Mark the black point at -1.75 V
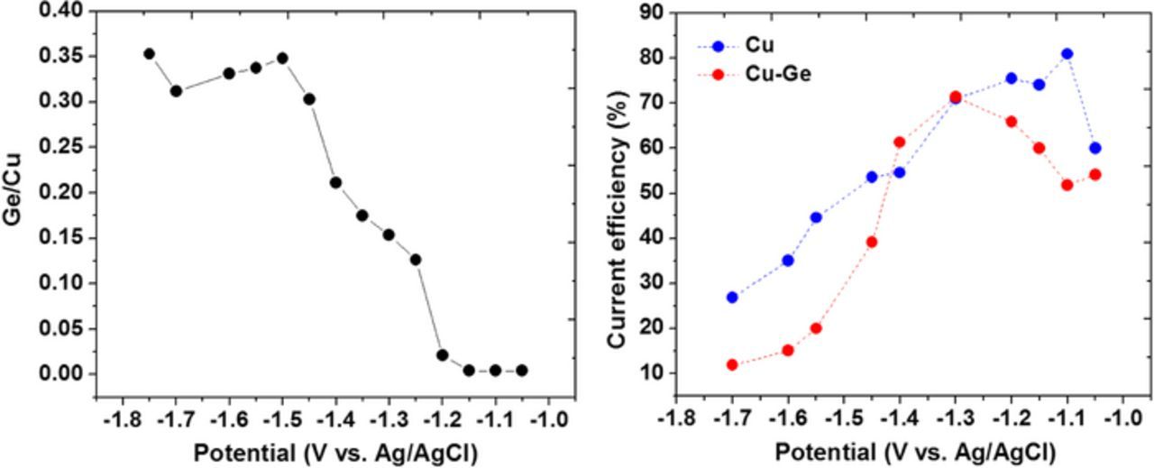coord(150,54)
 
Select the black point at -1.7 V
coord(176,90)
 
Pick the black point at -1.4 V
coord(335,182)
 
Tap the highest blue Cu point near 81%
coord(1067,54)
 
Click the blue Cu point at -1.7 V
coord(732,297)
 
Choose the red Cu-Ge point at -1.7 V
coord(732,364)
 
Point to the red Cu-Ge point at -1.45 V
coord(871,242)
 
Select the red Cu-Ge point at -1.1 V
coord(1067,185)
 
